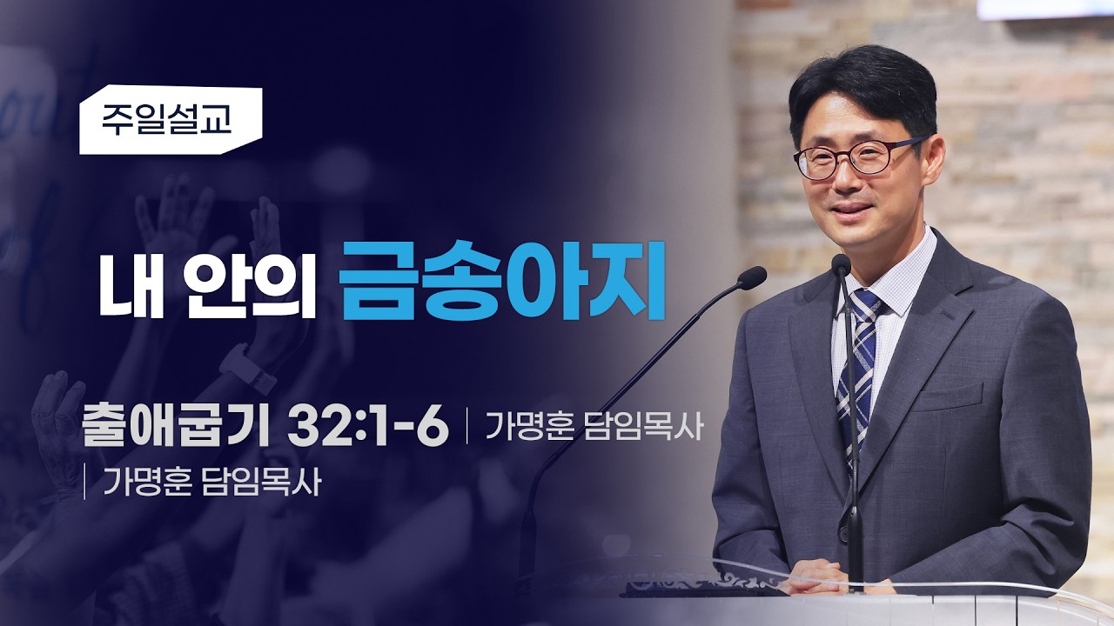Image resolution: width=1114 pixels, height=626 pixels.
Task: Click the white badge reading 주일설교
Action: tap(171, 120)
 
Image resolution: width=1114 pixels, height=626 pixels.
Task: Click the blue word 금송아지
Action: tap(502, 281)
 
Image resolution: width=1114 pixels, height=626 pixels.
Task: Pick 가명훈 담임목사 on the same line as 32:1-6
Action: tap(594, 426)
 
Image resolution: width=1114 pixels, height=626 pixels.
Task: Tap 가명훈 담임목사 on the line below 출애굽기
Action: tap(211, 482)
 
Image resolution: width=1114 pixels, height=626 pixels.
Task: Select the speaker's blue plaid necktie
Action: tap(859, 368)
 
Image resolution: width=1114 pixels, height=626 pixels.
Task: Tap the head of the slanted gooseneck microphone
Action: tap(751, 277)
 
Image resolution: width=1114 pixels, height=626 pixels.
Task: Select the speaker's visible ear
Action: tap(933, 160)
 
